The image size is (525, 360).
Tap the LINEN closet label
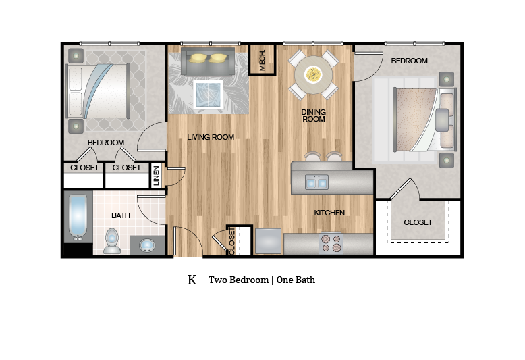(x=156, y=175)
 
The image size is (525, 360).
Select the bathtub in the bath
(x=78, y=217)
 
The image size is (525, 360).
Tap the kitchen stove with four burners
(x=330, y=243)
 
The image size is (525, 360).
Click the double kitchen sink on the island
(x=316, y=182)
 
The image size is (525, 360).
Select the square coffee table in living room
(x=208, y=94)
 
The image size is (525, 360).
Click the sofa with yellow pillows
(x=208, y=61)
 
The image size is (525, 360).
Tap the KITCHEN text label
(x=329, y=213)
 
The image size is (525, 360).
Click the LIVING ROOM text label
(x=211, y=137)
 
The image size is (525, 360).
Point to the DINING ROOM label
(x=313, y=115)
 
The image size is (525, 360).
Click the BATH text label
(x=121, y=215)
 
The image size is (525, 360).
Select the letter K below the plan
(x=192, y=280)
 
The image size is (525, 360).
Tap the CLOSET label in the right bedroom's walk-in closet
(x=418, y=222)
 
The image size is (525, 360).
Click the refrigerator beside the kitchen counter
(x=267, y=242)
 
